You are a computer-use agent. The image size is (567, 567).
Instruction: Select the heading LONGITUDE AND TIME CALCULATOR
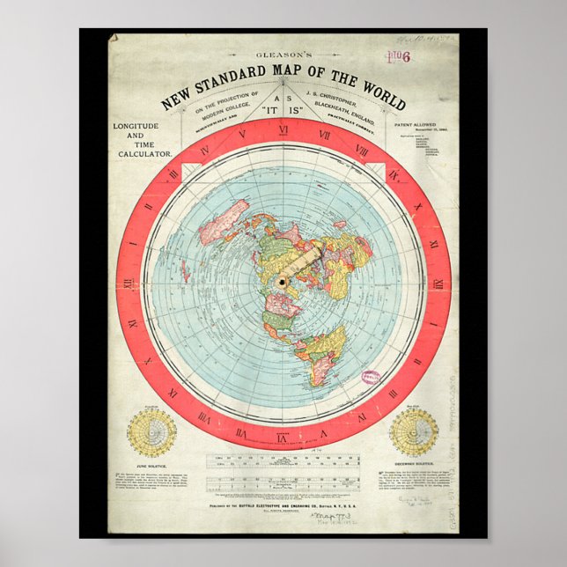pos(142,141)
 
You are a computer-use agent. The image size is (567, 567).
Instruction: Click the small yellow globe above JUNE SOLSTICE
pos(151,432)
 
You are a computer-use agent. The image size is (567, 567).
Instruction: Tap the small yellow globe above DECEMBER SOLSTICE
pos(415,432)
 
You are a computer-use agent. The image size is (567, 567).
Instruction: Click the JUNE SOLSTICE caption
pos(151,466)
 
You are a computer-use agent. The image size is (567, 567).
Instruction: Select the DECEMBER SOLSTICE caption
pos(415,466)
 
